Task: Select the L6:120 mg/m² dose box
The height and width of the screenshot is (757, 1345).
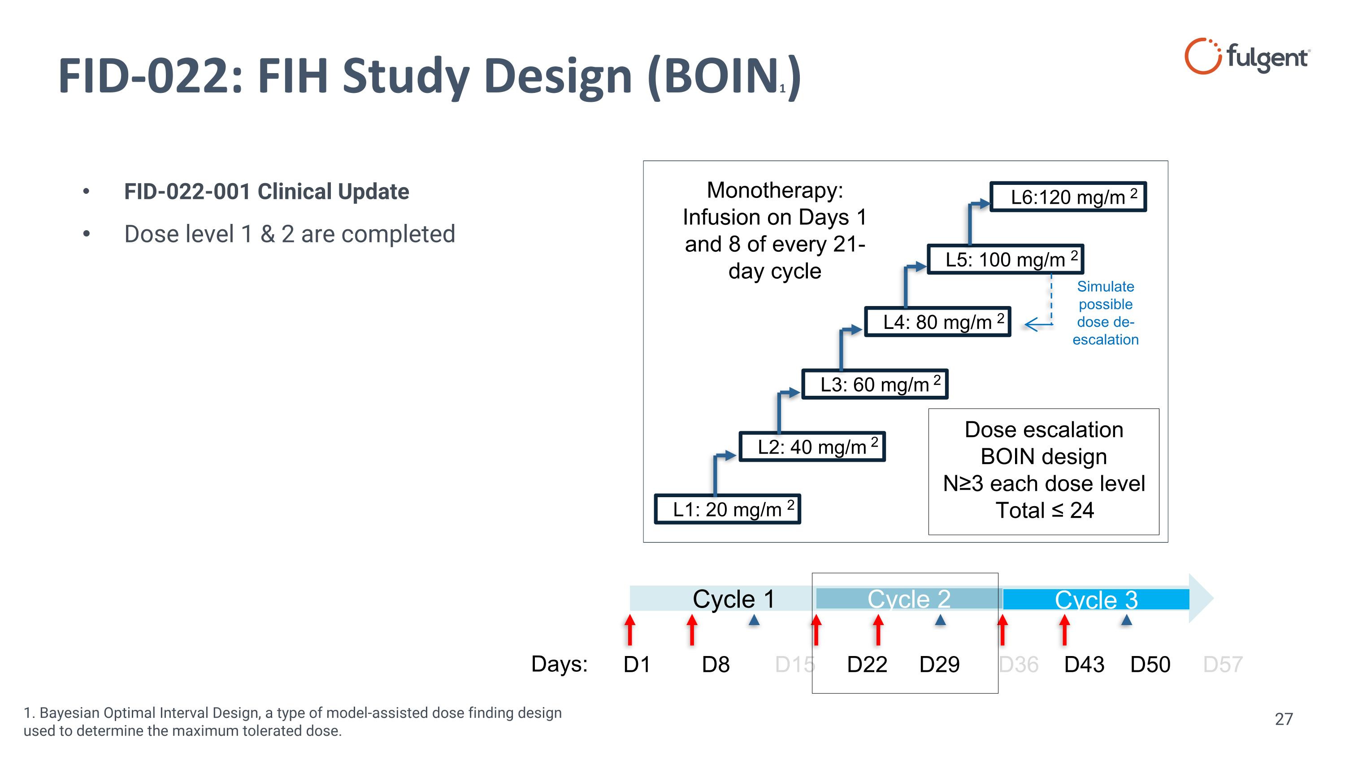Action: (1068, 197)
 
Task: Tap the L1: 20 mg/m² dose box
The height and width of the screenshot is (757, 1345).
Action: (727, 509)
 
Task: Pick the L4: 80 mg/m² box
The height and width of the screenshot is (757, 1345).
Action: (937, 322)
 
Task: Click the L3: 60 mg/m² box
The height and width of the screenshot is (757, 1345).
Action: (875, 385)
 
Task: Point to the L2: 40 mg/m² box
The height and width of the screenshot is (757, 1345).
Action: (812, 446)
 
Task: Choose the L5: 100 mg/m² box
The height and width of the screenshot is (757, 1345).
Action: (1005, 259)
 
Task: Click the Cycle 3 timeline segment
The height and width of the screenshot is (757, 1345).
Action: (1095, 599)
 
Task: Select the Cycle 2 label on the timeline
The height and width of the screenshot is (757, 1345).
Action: (908, 599)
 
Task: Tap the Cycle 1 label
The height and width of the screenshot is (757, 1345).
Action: (733, 599)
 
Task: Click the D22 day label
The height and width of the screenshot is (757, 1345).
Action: (867, 665)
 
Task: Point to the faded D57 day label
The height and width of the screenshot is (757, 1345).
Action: (1222, 665)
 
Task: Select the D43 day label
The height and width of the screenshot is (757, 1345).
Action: (1084, 665)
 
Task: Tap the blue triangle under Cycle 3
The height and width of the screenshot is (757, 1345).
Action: (1126, 620)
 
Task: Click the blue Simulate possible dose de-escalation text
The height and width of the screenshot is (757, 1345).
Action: (1105, 313)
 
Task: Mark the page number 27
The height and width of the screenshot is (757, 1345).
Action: (1284, 719)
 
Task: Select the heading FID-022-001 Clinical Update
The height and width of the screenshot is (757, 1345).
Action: (266, 192)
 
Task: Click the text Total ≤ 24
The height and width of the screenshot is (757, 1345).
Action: (1044, 510)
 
